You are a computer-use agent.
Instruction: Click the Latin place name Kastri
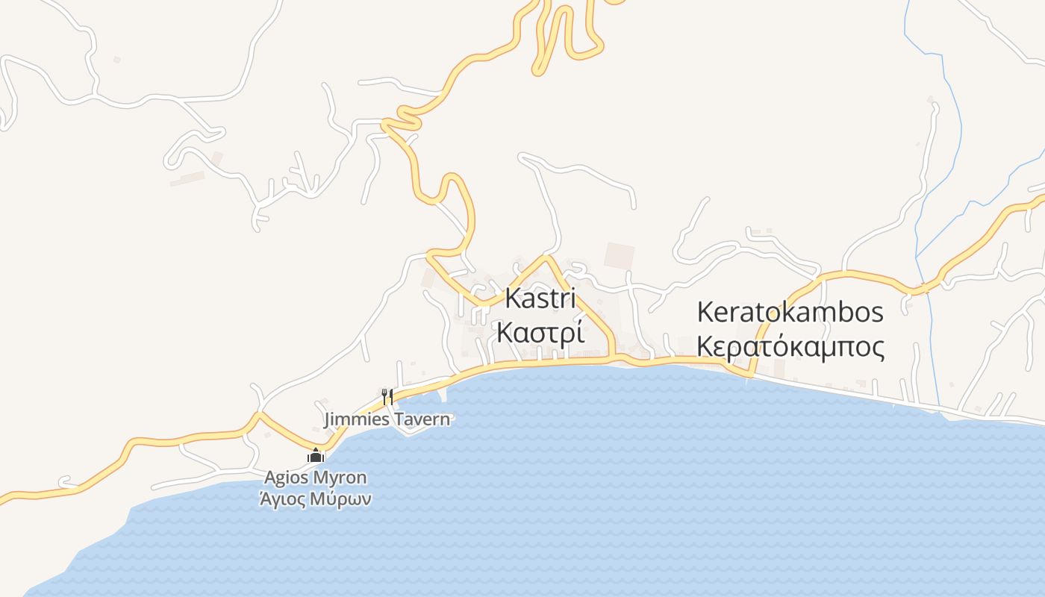pyautogui.click(x=540, y=298)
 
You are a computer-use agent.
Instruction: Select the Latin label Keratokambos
pyautogui.click(x=790, y=312)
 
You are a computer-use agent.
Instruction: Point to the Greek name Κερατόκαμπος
pyautogui.click(x=790, y=347)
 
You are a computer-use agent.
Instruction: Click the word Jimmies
pyautogui.click(x=356, y=419)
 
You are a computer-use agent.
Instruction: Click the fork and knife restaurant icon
pyautogui.click(x=387, y=396)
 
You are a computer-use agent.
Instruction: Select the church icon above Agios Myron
pyautogui.click(x=316, y=455)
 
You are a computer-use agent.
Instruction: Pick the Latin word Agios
pyautogui.click(x=287, y=478)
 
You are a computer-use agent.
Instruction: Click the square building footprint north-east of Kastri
pyautogui.click(x=619, y=256)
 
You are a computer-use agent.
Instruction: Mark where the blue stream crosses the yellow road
pyautogui.click(x=924, y=287)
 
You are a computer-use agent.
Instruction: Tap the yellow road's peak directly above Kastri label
pyautogui.click(x=546, y=257)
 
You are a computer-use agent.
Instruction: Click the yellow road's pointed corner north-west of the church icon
pyautogui.click(x=258, y=413)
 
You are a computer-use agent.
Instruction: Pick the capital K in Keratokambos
pyautogui.click(x=704, y=312)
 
